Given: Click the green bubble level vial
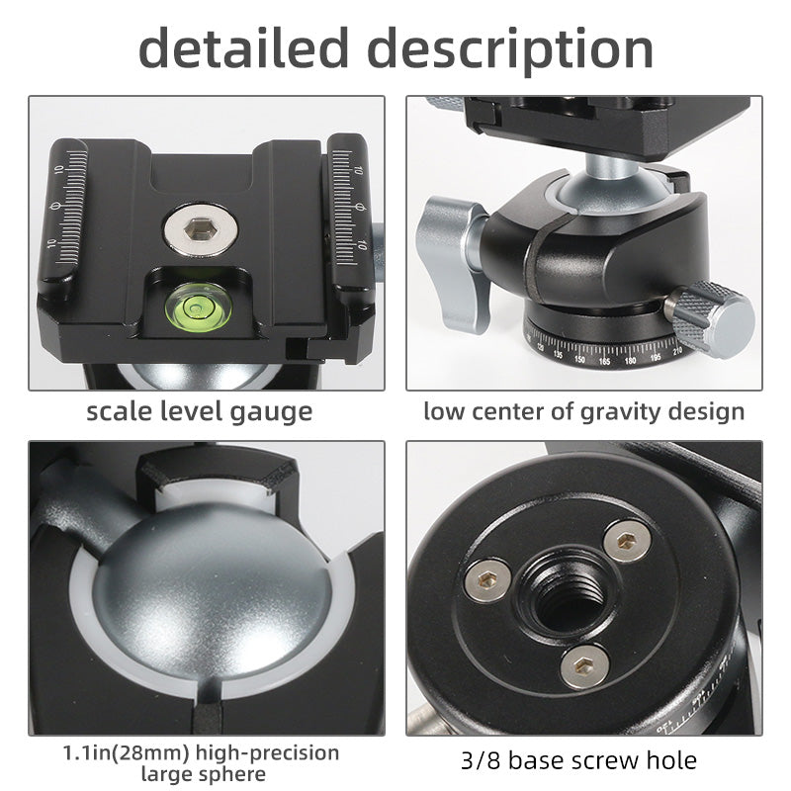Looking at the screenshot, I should pos(197,303).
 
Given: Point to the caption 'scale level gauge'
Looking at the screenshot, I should pos(199,410).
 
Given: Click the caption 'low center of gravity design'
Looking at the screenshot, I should pos(583,410).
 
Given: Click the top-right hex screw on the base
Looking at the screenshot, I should pos(628,539).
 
